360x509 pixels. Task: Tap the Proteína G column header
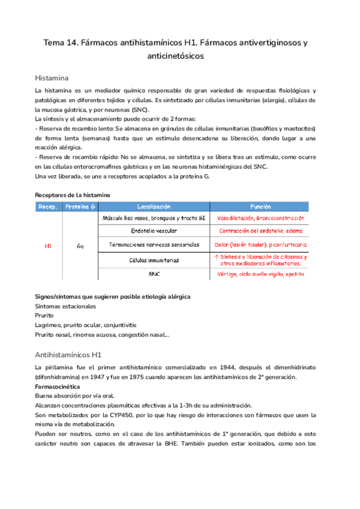(x=80, y=206)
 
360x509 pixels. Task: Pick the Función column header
(x=261, y=206)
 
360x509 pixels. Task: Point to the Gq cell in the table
(x=80, y=245)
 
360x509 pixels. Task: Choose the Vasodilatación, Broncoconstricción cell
(x=261, y=218)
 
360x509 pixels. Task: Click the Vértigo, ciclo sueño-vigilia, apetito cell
(x=261, y=274)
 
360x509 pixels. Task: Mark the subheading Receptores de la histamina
(x=73, y=195)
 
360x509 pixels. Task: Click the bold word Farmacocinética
(x=62, y=387)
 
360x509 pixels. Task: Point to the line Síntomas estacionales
(x=65, y=306)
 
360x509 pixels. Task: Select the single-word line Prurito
(x=44, y=316)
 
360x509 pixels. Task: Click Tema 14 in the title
(x=63, y=43)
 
